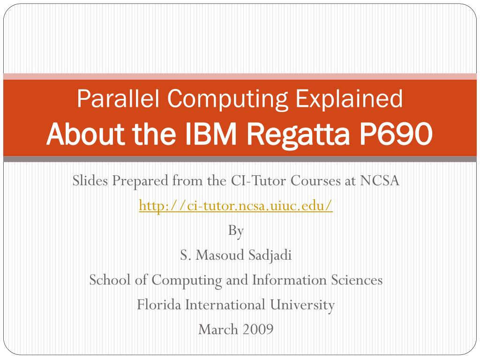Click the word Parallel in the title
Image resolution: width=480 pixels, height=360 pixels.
point(118,98)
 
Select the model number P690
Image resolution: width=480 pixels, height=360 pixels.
point(396,134)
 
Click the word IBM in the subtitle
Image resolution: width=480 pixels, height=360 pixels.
point(211,134)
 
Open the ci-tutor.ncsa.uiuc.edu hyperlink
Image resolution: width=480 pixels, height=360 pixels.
point(235,205)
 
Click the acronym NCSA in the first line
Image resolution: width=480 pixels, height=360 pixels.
point(380,180)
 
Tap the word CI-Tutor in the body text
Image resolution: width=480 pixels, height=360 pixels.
point(258,180)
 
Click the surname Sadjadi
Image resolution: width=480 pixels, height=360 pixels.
point(270,255)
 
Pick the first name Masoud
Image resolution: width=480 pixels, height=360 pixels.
point(220,255)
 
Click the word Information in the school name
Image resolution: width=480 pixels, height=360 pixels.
point(289,280)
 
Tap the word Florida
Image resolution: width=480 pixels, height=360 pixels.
point(159,305)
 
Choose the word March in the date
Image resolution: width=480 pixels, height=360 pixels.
point(218,330)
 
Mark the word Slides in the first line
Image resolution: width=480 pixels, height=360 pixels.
point(90,180)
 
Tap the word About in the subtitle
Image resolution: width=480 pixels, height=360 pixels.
point(85,134)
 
